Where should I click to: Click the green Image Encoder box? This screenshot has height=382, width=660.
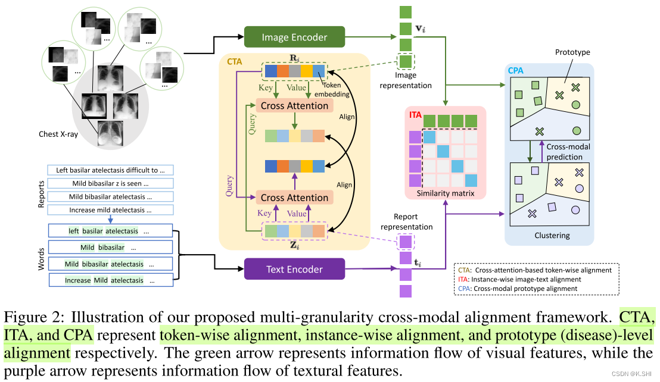pyautogui.click(x=294, y=37)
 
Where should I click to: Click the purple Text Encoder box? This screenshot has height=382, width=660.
pyautogui.click(x=294, y=269)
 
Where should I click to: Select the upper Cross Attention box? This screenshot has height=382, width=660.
pyautogui.click(x=294, y=106)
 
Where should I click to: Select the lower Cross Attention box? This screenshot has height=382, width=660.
pyautogui.click(x=294, y=198)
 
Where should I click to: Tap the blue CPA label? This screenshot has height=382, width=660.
pyautogui.click(x=516, y=71)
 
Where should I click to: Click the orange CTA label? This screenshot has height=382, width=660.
pyautogui.click(x=235, y=61)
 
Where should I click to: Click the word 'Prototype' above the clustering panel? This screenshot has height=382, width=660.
pyautogui.click(x=572, y=52)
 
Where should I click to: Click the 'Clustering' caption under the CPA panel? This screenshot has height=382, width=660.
pyautogui.click(x=552, y=235)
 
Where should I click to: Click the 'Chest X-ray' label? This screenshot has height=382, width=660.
pyautogui.click(x=58, y=134)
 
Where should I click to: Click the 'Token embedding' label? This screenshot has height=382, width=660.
pyautogui.click(x=337, y=89)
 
